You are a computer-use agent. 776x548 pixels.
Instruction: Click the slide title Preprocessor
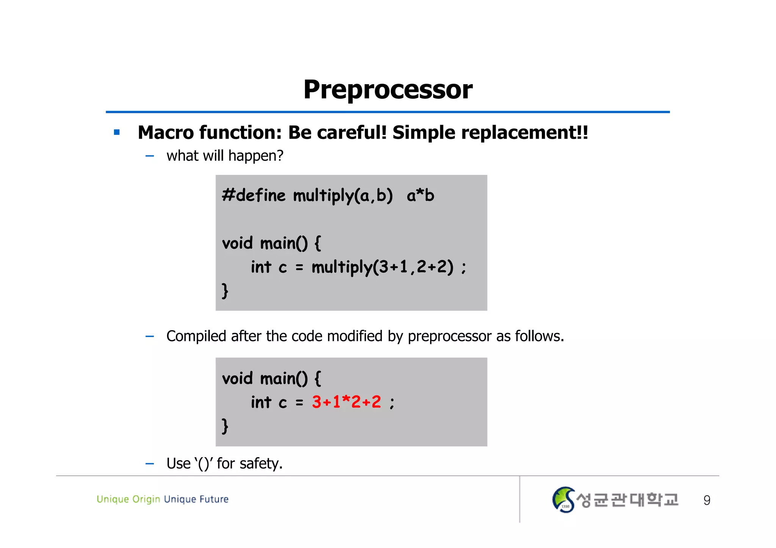[x=388, y=90]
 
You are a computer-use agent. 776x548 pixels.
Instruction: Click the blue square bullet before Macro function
[x=117, y=132]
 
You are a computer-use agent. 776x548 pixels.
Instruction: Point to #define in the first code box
[x=253, y=195]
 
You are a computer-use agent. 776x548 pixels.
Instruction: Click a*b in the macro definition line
[x=420, y=195]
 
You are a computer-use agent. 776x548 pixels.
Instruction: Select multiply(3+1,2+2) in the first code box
[x=382, y=267]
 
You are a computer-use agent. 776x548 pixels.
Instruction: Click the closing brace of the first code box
[x=225, y=291]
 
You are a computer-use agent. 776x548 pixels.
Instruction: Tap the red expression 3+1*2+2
[x=346, y=402]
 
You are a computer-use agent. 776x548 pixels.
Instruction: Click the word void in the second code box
[x=237, y=378]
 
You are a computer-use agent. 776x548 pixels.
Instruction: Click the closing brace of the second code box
[x=225, y=426]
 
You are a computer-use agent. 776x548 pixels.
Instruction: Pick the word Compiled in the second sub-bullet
[x=196, y=336]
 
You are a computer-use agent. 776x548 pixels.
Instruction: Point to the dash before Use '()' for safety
[x=150, y=464]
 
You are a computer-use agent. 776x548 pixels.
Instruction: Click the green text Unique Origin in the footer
[x=128, y=499]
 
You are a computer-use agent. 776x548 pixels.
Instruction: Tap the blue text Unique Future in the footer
[x=196, y=499]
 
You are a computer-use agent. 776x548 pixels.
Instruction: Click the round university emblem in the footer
[x=563, y=500]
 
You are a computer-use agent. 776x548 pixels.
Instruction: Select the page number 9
[x=707, y=500]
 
